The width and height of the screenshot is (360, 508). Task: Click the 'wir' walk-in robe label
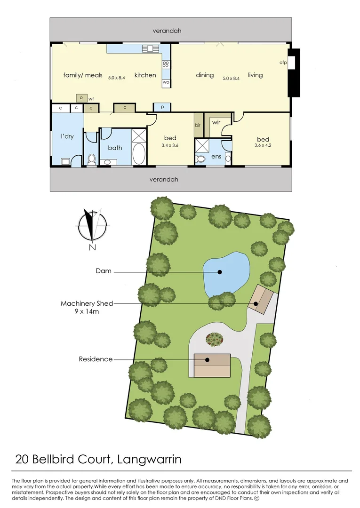point(216,122)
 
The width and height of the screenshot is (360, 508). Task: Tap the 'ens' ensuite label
point(216,156)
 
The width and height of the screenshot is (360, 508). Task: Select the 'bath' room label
point(115,148)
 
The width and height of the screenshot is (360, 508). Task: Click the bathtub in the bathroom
point(139,154)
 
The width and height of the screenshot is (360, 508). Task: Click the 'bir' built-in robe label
point(198,126)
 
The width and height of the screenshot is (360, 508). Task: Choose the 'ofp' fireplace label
point(283,62)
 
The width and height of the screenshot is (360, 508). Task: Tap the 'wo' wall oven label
point(166,82)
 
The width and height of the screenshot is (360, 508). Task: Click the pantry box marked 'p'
point(162,107)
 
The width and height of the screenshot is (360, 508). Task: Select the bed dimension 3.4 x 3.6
point(170,145)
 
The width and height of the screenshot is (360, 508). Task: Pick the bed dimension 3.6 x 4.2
point(263,145)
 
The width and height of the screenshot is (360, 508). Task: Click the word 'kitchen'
point(145,75)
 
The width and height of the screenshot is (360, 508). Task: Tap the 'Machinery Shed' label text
point(87,303)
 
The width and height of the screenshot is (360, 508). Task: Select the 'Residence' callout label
point(96,359)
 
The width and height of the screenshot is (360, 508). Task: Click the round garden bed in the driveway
point(215,339)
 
